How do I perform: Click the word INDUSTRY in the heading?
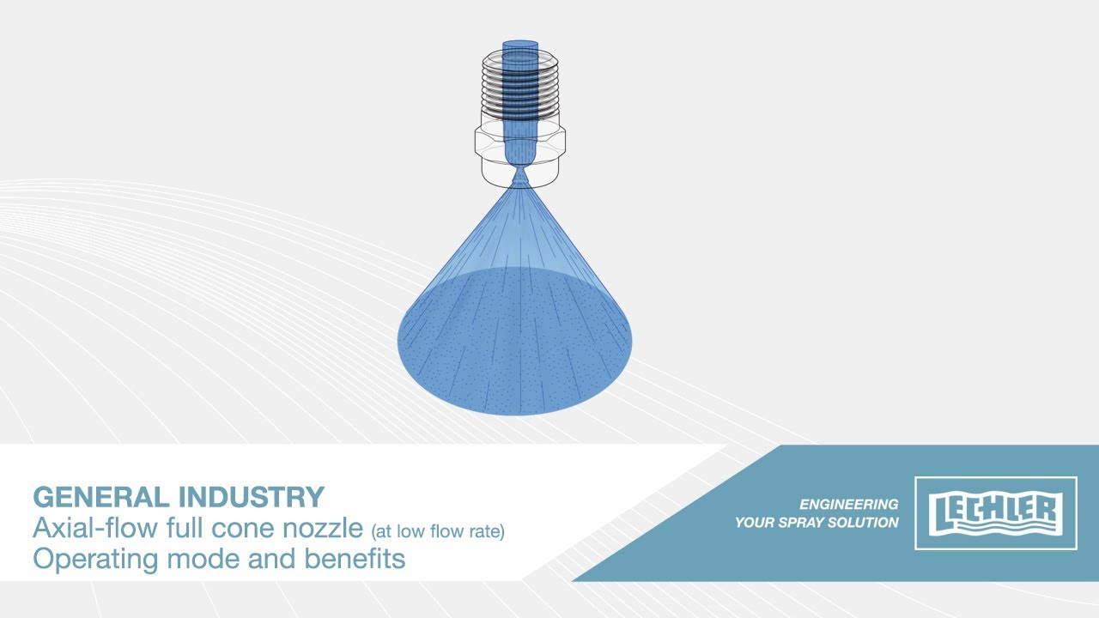(x=252, y=497)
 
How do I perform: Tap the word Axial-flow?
(x=95, y=528)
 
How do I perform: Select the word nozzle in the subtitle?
(x=323, y=528)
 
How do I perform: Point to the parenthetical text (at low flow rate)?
(x=438, y=531)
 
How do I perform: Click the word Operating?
(x=95, y=560)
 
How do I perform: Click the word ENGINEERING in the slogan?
(x=849, y=504)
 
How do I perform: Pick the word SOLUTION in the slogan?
(x=864, y=523)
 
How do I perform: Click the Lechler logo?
(x=996, y=513)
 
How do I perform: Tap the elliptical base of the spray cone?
(x=514, y=342)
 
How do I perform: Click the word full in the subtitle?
(x=185, y=528)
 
